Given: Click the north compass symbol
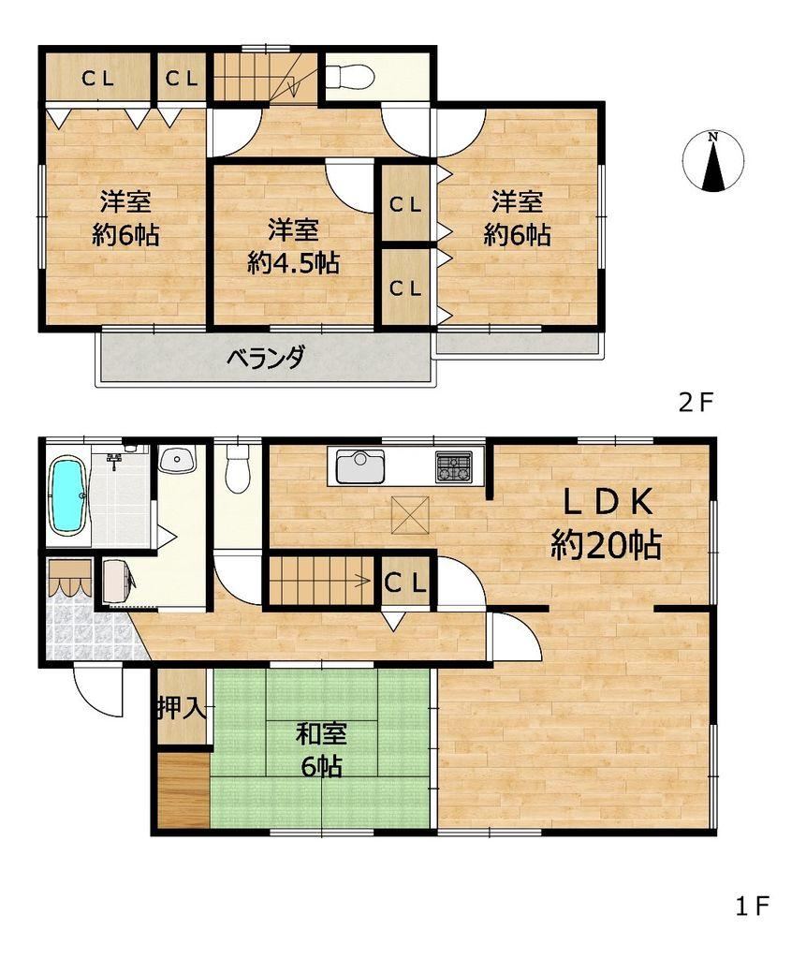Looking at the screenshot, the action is (713, 161).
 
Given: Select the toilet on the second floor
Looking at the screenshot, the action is (349, 77).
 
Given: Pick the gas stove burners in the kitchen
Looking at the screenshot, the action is (454, 466).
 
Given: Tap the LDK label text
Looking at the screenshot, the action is (608, 502).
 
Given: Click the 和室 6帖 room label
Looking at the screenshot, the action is (321, 749).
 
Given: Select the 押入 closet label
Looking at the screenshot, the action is (181, 707).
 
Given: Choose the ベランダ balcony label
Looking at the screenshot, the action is (265, 357).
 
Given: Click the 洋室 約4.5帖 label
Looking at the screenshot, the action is (294, 247).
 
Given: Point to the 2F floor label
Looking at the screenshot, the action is (696, 403).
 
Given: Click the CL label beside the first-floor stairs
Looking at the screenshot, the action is (404, 583).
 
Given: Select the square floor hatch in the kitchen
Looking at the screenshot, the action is (410, 514).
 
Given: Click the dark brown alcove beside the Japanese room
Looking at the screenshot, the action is (183, 791).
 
